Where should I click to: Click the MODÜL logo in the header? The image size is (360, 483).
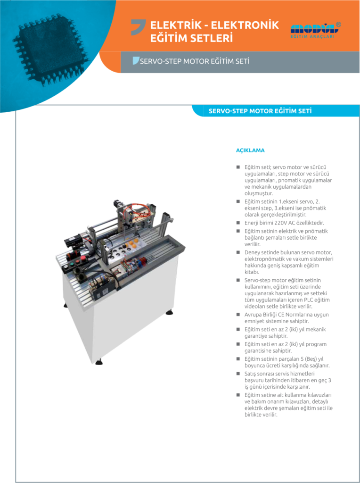point(312,30)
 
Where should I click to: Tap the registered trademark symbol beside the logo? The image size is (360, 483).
point(338,25)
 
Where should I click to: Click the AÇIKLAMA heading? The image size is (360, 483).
point(250,150)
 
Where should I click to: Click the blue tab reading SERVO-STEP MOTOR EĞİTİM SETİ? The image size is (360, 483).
point(260,111)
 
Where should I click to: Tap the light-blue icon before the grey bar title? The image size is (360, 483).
point(136,61)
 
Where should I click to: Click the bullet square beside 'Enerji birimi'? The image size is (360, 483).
point(238,223)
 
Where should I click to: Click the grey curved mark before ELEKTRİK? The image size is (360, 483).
point(138,27)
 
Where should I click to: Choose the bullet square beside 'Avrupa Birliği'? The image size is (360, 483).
point(238,315)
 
